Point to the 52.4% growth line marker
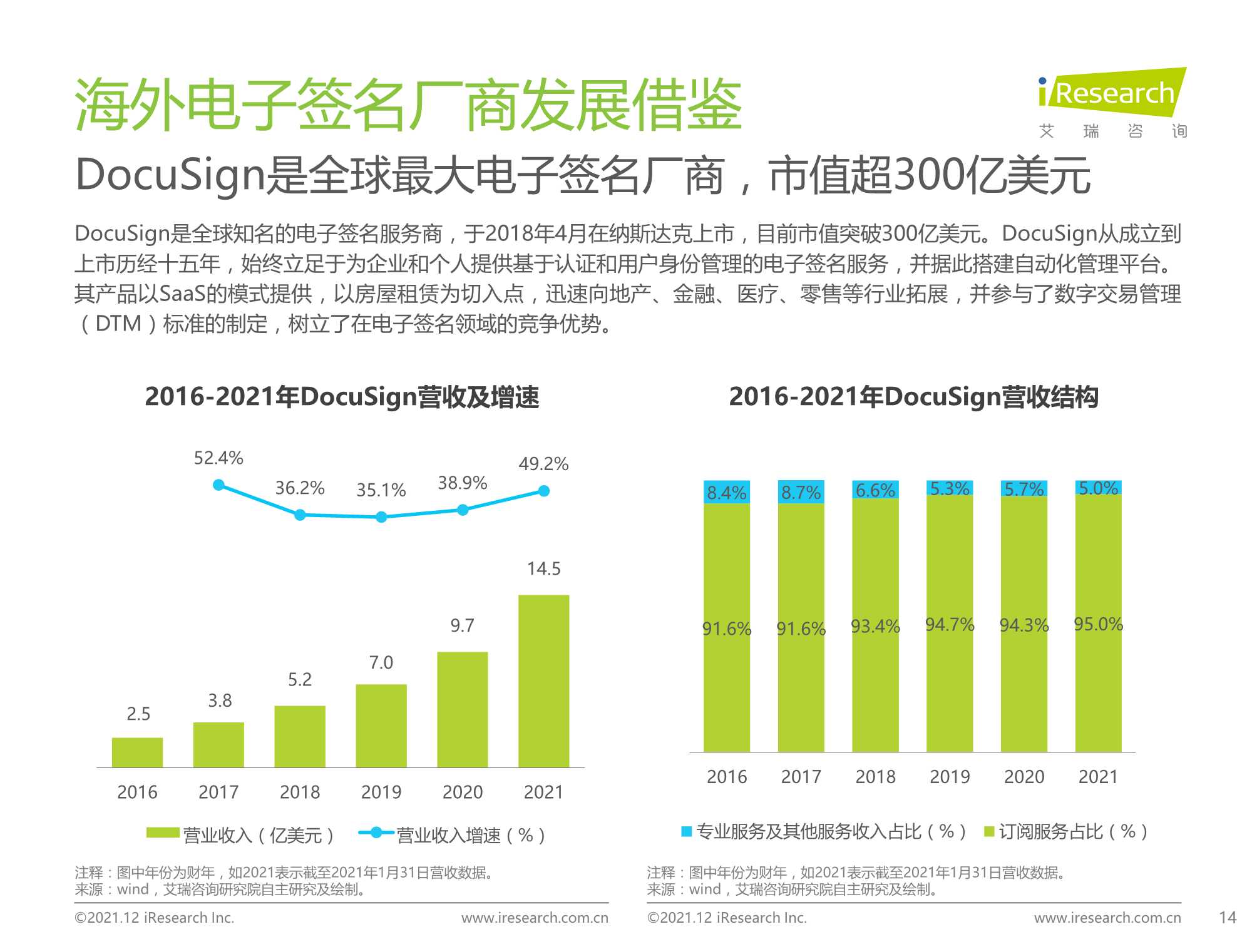pyautogui.click(x=218, y=485)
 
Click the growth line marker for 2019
pyautogui.click(x=381, y=517)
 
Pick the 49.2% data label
pyautogui.click(x=543, y=464)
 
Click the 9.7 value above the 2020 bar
pyautogui.click(x=462, y=625)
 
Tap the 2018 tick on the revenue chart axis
pyautogui.click(x=300, y=792)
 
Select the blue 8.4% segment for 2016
pyautogui.click(x=727, y=492)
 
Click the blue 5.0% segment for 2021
pyautogui.click(x=1098, y=488)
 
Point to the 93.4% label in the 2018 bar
pyautogui.click(x=875, y=626)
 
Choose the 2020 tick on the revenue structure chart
pyautogui.click(x=1024, y=777)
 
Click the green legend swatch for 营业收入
pyautogui.click(x=163, y=833)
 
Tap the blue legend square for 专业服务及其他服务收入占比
pyautogui.click(x=687, y=831)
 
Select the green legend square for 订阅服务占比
pyautogui.click(x=990, y=831)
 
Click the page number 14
pyautogui.click(x=1228, y=918)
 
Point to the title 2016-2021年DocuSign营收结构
pyautogui.click(x=913, y=397)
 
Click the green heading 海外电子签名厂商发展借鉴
pyautogui.click(x=408, y=105)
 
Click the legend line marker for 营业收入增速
pyautogui.click(x=376, y=833)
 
